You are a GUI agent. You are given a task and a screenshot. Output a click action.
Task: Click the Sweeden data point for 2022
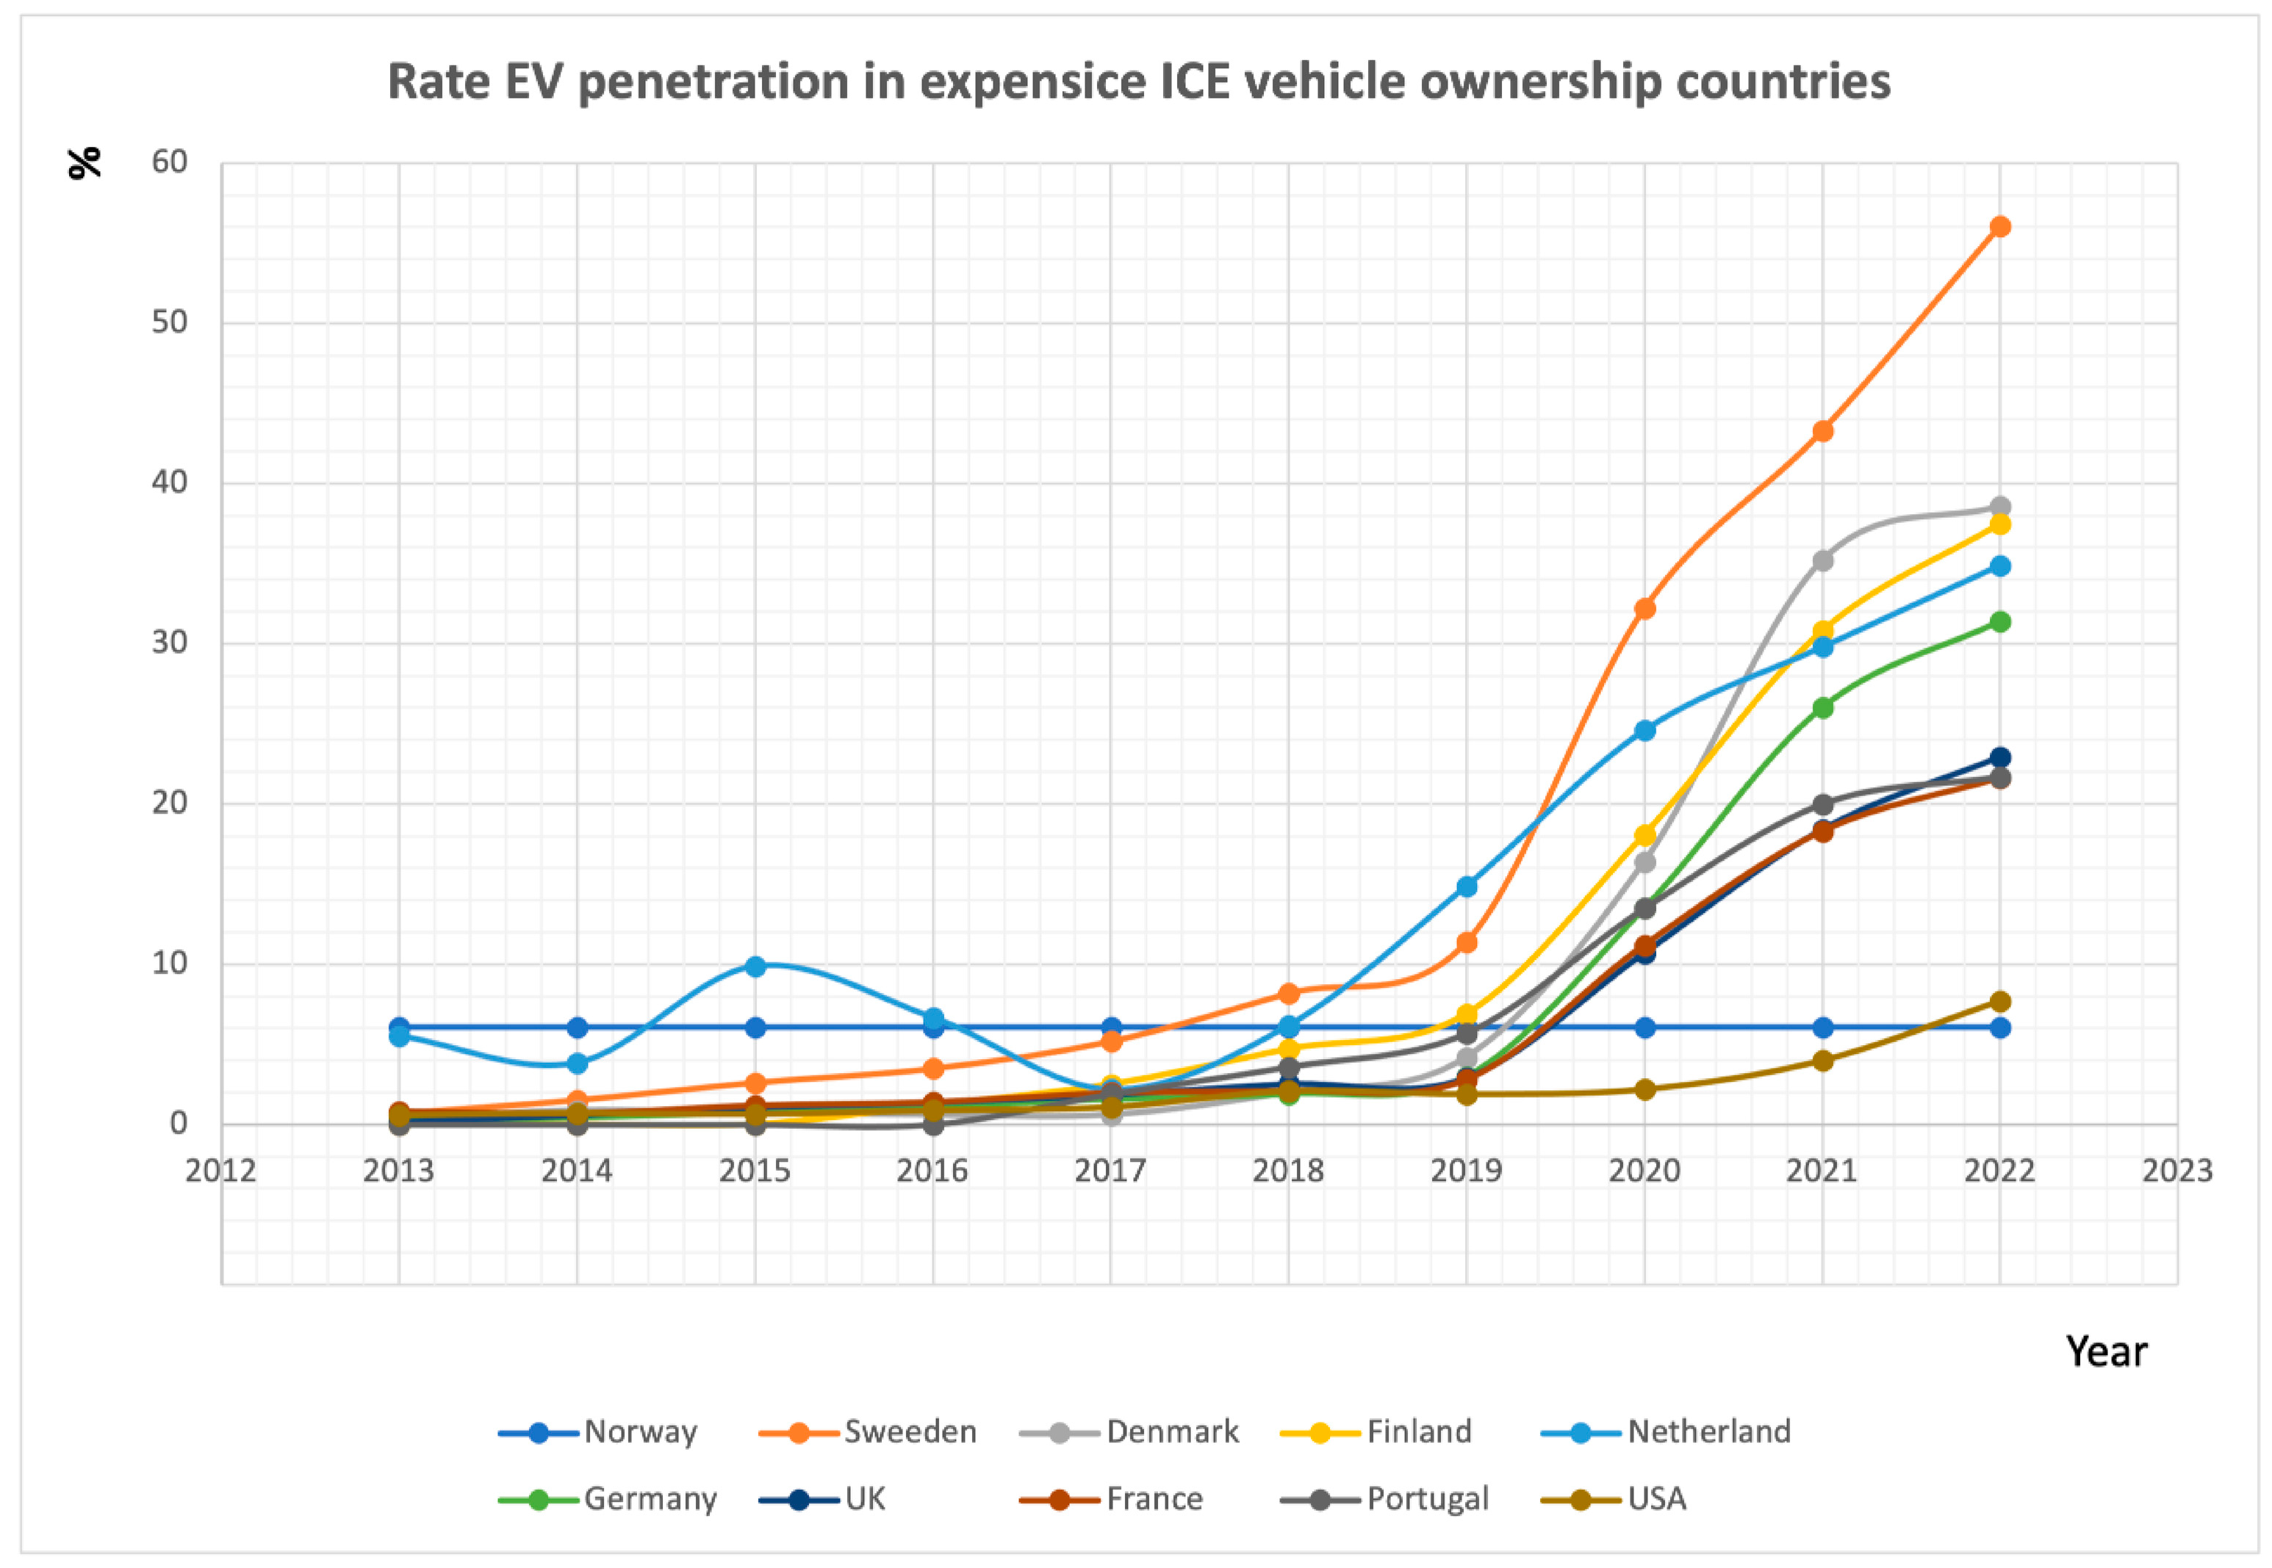pos(1999,227)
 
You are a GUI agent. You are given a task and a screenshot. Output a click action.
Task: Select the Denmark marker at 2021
pos(1822,561)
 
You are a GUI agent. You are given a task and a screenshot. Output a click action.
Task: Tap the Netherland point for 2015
pos(755,967)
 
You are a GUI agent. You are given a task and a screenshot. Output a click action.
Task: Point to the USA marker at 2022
pos(1999,1002)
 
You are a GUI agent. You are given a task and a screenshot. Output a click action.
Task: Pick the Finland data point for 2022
pos(1999,524)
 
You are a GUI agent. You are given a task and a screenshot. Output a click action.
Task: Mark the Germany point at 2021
pos(1822,707)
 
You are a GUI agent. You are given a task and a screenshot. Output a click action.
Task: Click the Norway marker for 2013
pos(399,1027)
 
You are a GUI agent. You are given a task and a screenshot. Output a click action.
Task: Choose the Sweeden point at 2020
pos(1644,608)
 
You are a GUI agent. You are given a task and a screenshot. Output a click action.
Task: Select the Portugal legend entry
pos(1427,1498)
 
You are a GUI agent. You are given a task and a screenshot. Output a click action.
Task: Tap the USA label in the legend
pos(1657,1498)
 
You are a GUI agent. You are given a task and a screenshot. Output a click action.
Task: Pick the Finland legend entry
pos(1418,1431)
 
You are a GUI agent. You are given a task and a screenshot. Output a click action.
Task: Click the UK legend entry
pos(865,1498)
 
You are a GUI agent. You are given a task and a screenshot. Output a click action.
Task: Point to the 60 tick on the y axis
pos(169,162)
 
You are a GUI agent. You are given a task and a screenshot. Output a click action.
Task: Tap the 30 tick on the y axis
pos(169,643)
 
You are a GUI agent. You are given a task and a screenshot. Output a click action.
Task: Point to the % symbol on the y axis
pos(85,162)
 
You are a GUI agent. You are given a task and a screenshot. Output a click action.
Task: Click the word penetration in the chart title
pos(713,81)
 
